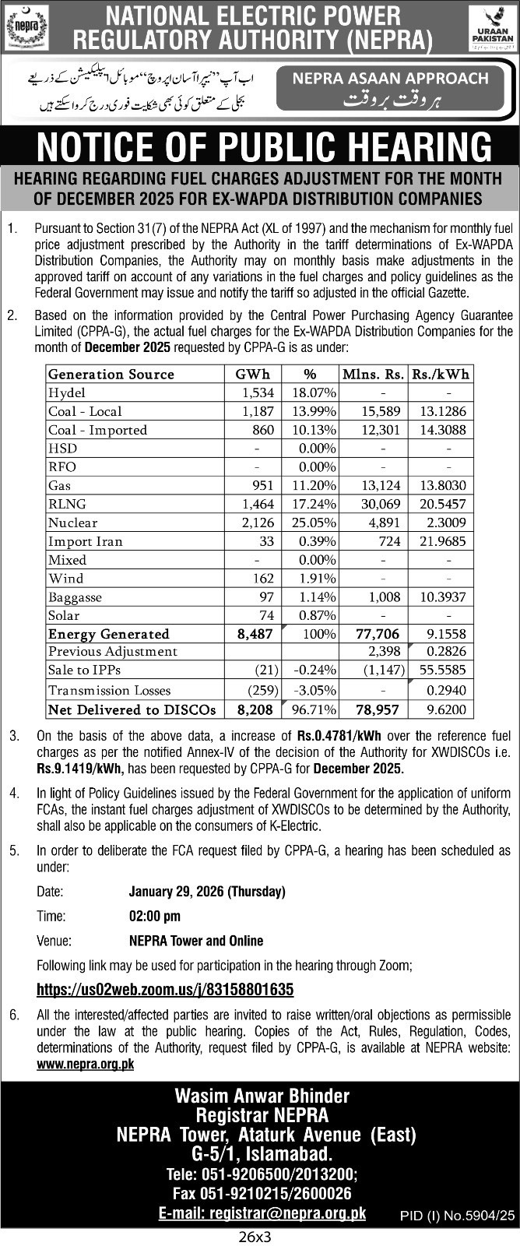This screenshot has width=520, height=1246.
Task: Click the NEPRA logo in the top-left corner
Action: [26, 27]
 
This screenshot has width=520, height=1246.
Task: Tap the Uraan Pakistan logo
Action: [492, 29]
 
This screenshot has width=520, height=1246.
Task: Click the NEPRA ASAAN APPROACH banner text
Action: [390, 78]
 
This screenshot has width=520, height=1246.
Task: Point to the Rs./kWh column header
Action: [441, 374]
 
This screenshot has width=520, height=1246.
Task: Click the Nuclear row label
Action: [73, 523]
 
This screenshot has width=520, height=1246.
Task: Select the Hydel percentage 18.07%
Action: [314, 392]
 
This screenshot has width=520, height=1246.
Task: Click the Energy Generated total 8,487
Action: [255, 634]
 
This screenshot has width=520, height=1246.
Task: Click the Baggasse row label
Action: [75, 597]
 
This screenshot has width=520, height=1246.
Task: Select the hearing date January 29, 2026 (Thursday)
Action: [207, 892]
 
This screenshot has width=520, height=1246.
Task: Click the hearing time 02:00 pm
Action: [154, 916]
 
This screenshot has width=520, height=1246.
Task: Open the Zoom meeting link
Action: [165, 989]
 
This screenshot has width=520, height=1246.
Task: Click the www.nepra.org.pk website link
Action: [85, 1064]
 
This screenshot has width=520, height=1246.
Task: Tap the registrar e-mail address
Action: [262, 1213]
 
